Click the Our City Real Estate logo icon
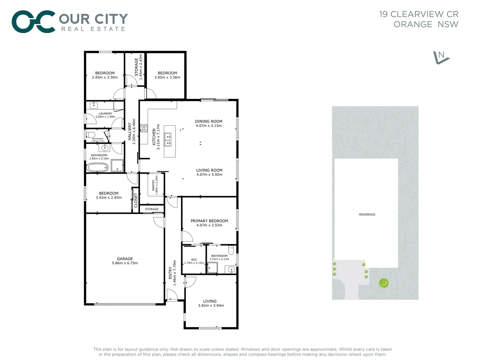coord(33,22)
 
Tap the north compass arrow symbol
coord(441,57)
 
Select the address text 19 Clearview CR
coord(419,14)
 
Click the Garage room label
coord(125,259)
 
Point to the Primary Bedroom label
coord(209,221)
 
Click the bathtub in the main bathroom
coord(97,167)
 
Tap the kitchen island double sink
coord(168,140)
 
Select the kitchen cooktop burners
coord(144,128)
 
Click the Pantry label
coord(153,185)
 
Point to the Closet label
coord(136,200)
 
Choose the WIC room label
coord(194,260)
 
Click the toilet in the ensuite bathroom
coord(231,250)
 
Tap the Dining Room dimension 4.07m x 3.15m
coord(209,126)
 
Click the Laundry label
coord(105,113)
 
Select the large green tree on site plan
coord(384,283)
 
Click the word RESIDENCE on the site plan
coord(367,214)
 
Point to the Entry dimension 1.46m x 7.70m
coord(174,273)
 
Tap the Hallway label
coord(130,131)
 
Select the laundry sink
coord(94,106)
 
